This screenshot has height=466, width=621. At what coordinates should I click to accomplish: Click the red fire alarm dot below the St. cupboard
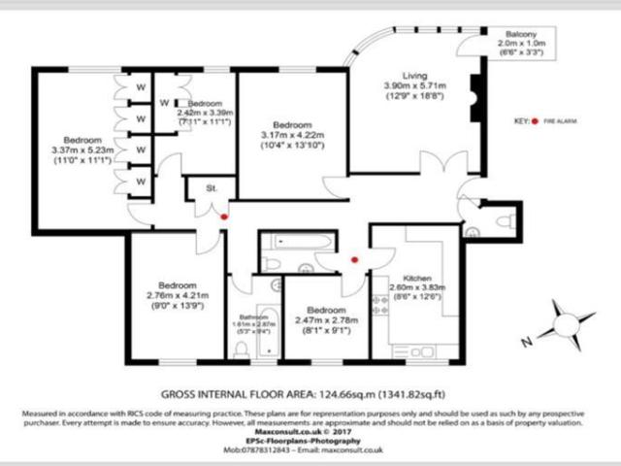pos(223,216)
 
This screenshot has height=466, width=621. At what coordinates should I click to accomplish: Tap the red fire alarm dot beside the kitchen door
pos(353,259)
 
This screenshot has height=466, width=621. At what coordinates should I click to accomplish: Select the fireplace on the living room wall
pos(475,91)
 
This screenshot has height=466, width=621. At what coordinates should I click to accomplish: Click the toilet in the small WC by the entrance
pos(503,221)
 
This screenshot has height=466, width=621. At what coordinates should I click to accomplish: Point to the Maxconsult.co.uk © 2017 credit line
pos(310,433)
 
